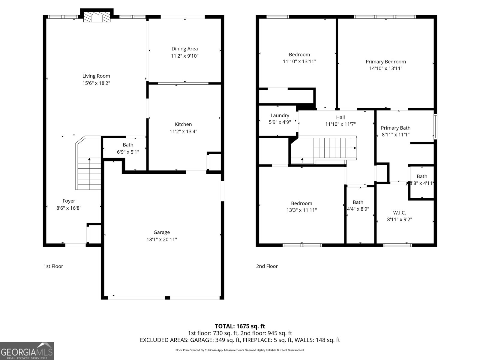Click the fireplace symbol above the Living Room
click(x=97, y=18)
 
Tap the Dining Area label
click(x=184, y=49)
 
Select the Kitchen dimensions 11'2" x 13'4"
click(x=183, y=131)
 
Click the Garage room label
click(x=162, y=232)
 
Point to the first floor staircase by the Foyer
click(x=89, y=174)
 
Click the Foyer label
click(x=69, y=201)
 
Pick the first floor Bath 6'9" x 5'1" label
click(x=128, y=145)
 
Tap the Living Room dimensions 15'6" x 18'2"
click(x=96, y=83)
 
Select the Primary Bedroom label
click(x=385, y=61)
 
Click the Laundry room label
click(x=280, y=115)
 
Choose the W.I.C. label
click(x=399, y=213)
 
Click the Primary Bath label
click(x=395, y=128)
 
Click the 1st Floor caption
click(x=53, y=266)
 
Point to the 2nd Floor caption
click(x=267, y=266)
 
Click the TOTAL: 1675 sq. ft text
click(x=240, y=326)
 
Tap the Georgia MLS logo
click(x=27, y=351)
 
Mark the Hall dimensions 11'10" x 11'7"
click(x=340, y=124)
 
